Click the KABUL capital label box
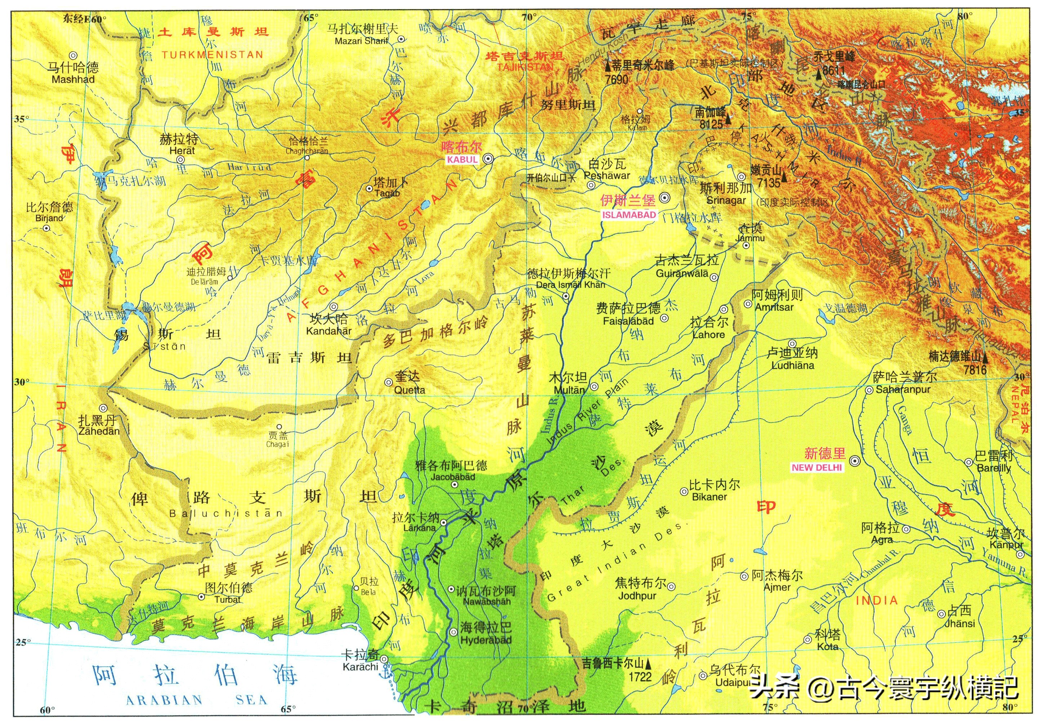pos(462,159)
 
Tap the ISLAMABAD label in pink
pos(628,215)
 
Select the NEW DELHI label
pos(817,468)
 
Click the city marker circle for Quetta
pos(388,382)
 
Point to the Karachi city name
pos(360,667)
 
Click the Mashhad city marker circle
pos(73,56)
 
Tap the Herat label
pos(182,150)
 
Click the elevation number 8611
pos(834,70)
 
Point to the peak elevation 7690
pos(617,80)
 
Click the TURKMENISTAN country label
pos(212,55)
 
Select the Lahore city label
pos(708,335)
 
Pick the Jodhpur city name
pos(637,596)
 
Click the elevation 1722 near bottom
pos(640,677)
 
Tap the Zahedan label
pos(99,431)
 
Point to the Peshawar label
pos(606,175)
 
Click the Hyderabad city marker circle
pos(453,632)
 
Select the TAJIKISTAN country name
pos(525,67)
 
